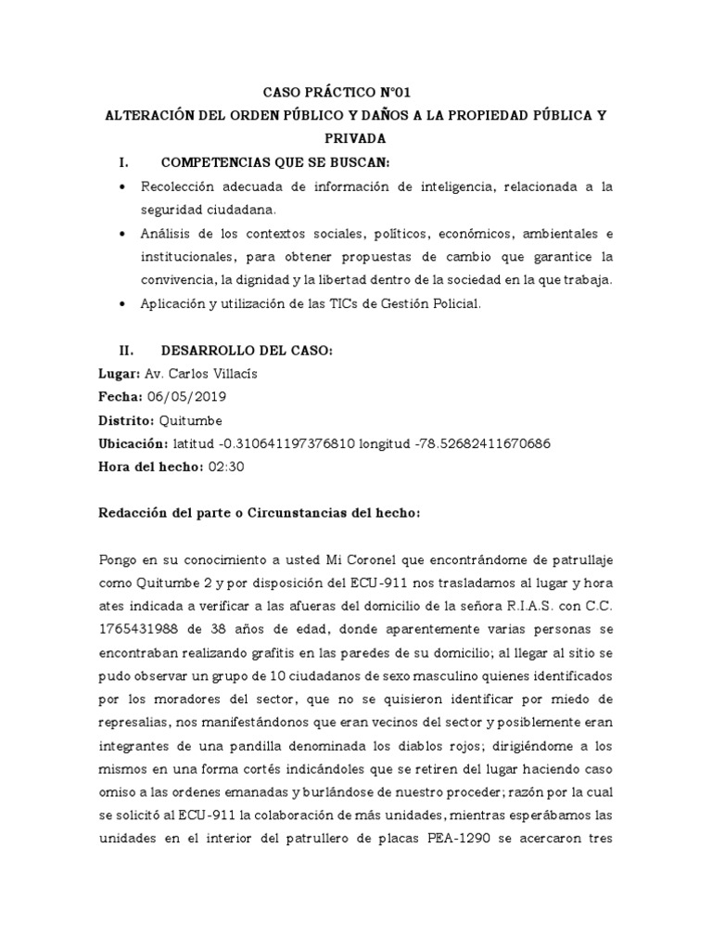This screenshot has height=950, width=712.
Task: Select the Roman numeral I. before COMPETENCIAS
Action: pos(124,162)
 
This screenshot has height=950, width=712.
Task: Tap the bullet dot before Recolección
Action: pos(123,187)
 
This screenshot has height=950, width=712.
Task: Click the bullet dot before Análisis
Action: pos(123,234)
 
